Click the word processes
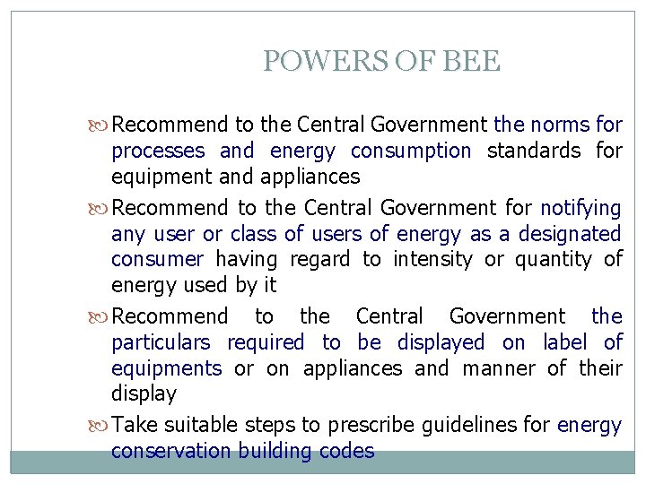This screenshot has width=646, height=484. tap(158, 151)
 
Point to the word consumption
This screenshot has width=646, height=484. tap(411, 151)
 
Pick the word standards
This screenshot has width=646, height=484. tap(534, 151)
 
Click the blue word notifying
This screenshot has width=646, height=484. tap(581, 208)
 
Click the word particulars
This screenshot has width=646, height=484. tap(161, 342)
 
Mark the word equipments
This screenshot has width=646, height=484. tap(166, 368)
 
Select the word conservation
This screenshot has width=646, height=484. tap(170, 451)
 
